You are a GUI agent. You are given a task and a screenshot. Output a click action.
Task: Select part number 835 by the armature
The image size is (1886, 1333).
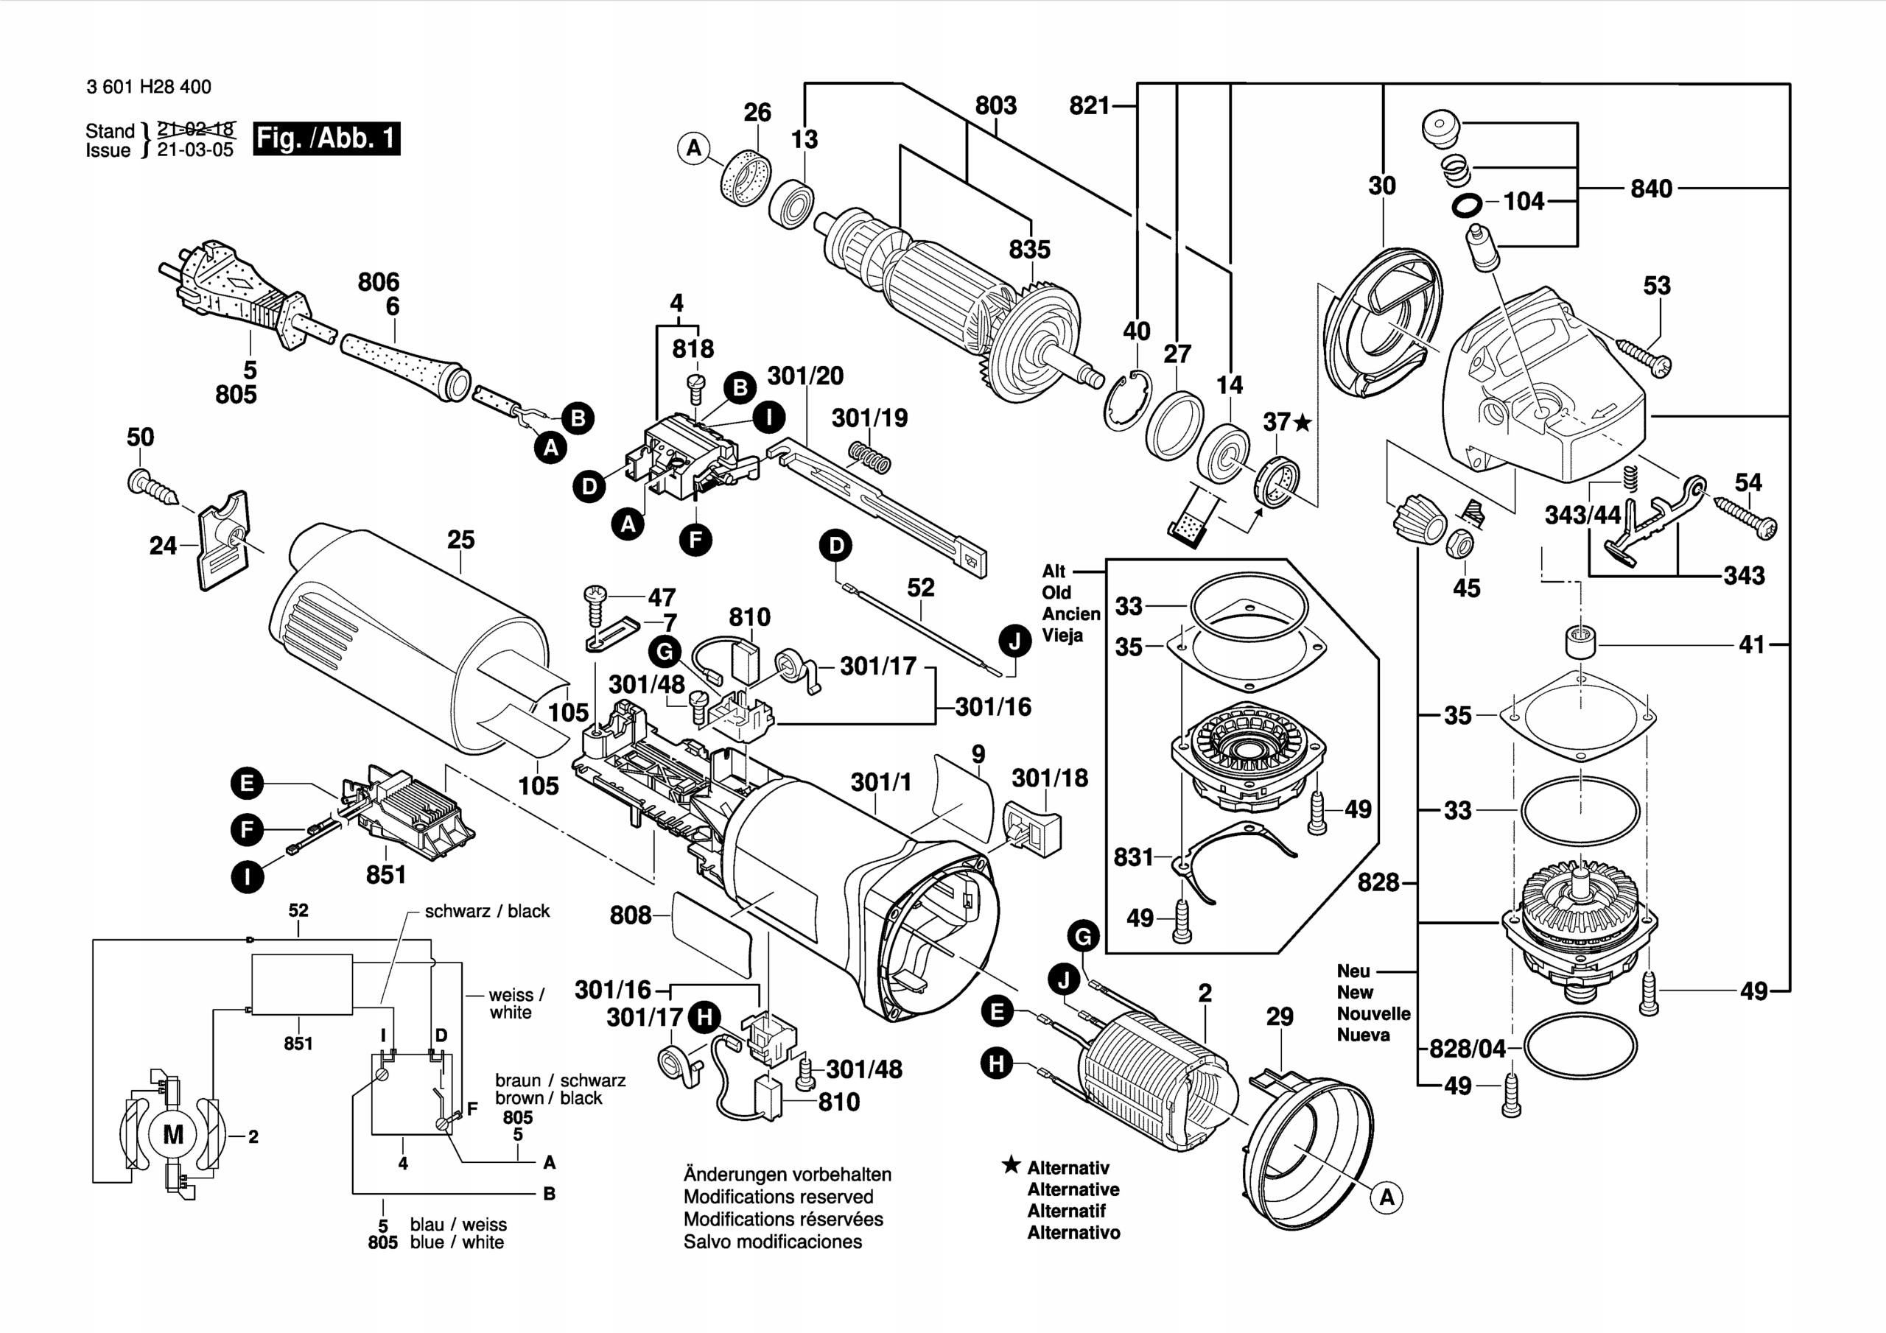1029,250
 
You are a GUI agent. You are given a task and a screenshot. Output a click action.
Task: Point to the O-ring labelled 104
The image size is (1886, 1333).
1467,205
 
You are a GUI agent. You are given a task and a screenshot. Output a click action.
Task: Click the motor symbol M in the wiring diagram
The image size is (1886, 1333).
173,1134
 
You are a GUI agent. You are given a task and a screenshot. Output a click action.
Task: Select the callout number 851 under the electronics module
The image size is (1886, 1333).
386,875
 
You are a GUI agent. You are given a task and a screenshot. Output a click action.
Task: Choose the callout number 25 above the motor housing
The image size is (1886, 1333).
461,540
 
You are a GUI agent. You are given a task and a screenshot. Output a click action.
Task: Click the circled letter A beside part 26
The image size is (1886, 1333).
694,149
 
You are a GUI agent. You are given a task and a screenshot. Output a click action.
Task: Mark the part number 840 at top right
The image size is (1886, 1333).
1651,189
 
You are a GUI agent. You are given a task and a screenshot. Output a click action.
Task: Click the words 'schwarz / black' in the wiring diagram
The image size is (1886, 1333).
487,911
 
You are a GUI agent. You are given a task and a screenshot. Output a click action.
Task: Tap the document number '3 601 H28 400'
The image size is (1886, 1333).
149,87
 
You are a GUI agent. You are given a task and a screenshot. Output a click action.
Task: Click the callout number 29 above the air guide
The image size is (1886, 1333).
1279,1017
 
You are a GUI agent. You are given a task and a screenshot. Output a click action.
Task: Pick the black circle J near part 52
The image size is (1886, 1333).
1015,641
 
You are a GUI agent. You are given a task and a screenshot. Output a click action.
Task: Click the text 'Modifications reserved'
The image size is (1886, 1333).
778,1197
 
